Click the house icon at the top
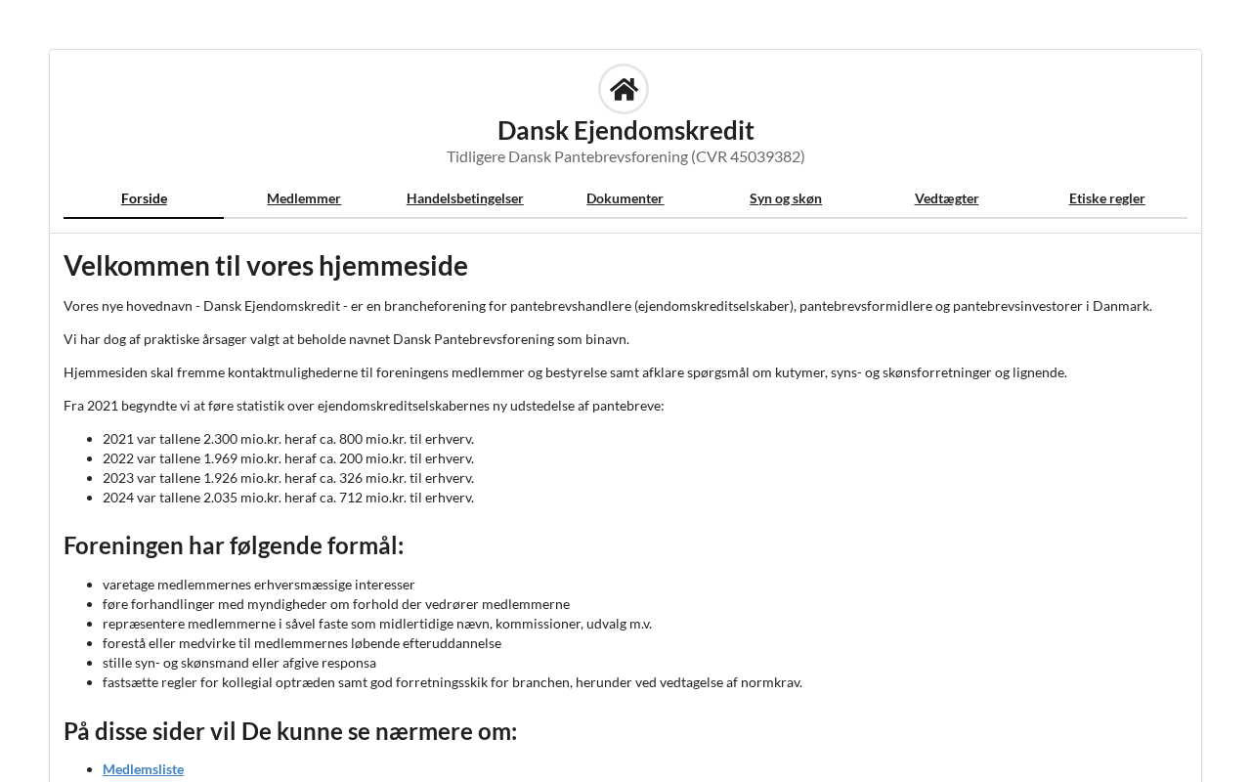[x=624, y=89]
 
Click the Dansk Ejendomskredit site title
[x=625, y=130]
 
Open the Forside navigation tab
[x=144, y=198]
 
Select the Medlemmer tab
[x=304, y=198]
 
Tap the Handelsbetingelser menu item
[x=465, y=198]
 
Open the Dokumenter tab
[x=625, y=198]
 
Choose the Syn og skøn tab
[x=786, y=198]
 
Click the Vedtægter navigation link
[x=946, y=198]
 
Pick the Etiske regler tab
[x=1106, y=198]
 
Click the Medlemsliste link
[x=143, y=769]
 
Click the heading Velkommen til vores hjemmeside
[x=266, y=266]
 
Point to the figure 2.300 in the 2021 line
[x=220, y=439]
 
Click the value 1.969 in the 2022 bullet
[x=220, y=458]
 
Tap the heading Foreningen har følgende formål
[x=234, y=545]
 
